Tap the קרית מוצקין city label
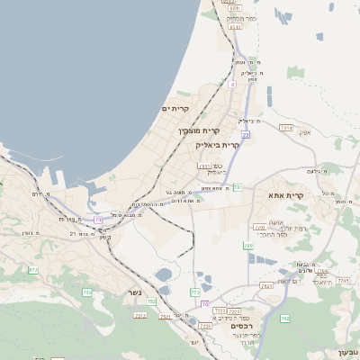(x=198, y=131)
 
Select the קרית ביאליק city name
(x=218, y=144)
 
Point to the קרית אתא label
(x=286, y=194)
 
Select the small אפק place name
(x=304, y=132)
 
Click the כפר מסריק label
(x=242, y=18)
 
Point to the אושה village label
(x=275, y=222)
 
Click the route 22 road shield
(x=245, y=135)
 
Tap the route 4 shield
(x=231, y=85)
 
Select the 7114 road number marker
(x=285, y=129)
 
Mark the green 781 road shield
(x=238, y=187)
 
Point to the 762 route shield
(x=284, y=319)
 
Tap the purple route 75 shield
(x=98, y=218)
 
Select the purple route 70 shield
(x=205, y=303)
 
